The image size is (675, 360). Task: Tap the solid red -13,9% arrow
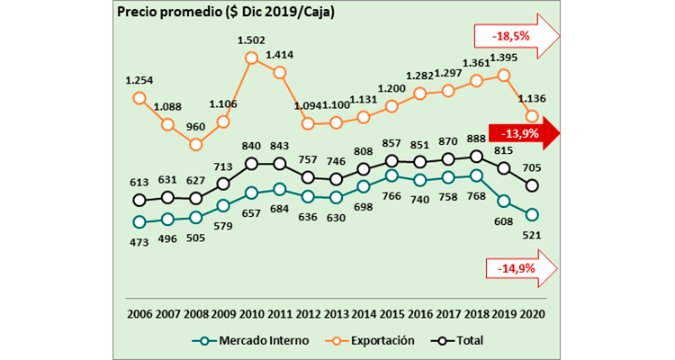(522, 132)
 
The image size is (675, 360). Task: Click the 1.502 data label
(251, 40)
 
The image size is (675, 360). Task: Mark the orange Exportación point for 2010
(252, 58)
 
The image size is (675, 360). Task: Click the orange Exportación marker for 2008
(195, 144)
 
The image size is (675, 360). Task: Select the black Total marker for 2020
(533, 185)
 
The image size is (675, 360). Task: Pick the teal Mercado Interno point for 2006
(139, 221)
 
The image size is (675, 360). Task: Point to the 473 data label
(139, 240)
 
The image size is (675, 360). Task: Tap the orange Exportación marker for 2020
(533, 116)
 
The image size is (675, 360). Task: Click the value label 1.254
(139, 80)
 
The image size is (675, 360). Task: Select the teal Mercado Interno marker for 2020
(533, 214)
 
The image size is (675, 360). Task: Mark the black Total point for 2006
(139, 200)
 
